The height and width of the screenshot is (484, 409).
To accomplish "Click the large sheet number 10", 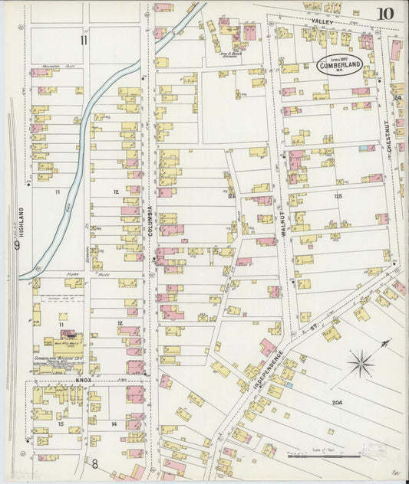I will (x=385, y=13).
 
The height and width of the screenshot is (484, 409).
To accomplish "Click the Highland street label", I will (x=22, y=221).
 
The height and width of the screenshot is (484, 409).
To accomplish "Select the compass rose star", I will (x=361, y=363).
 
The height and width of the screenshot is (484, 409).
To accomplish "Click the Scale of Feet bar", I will (x=335, y=456).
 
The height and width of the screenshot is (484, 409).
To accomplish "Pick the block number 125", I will (x=338, y=197).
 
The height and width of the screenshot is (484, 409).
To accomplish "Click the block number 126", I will (x=231, y=196).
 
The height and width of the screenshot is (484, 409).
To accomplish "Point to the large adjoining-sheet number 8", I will (x=95, y=463).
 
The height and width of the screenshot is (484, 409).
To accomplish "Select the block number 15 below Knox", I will (x=60, y=423).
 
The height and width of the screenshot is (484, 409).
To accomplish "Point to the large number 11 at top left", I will (x=84, y=41).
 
